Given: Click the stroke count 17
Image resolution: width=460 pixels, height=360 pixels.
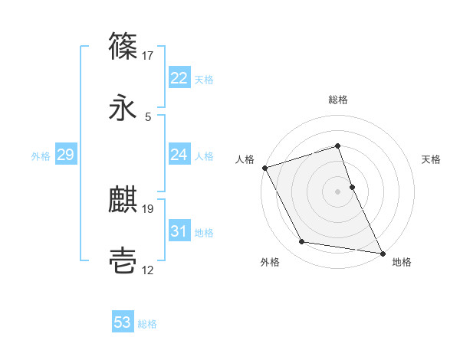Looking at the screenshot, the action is click(x=148, y=56).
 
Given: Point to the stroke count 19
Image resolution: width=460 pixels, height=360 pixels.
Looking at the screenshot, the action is click(x=148, y=208).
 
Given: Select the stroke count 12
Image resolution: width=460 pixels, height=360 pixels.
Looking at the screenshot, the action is click(x=148, y=270).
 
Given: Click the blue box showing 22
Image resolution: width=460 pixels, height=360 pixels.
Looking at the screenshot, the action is click(x=179, y=78).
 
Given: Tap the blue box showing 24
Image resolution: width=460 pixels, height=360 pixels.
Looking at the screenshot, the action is click(x=179, y=155).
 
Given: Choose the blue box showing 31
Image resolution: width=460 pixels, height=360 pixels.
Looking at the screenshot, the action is click(x=179, y=231).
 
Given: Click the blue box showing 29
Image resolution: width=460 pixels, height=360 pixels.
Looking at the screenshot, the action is click(x=65, y=155).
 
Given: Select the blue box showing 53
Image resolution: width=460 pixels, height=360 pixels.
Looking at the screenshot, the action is click(x=123, y=322).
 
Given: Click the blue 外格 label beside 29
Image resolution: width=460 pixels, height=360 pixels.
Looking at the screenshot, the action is click(x=41, y=155).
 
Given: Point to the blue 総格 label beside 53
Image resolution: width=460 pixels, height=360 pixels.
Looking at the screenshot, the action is click(x=147, y=323).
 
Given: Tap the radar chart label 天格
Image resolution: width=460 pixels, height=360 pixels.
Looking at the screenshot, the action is click(x=432, y=159).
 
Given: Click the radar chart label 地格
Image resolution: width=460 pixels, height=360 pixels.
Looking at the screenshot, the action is click(x=402, y=263).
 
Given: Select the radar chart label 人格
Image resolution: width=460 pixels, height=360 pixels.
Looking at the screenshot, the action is click(x=245, y=159).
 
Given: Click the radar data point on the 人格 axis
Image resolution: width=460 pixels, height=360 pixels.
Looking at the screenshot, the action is click(x=265, y=168).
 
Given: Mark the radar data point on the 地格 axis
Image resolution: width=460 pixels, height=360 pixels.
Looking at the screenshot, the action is click(x=382, y=252).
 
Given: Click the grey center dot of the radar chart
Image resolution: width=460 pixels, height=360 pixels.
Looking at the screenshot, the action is click(x=338, y=191).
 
